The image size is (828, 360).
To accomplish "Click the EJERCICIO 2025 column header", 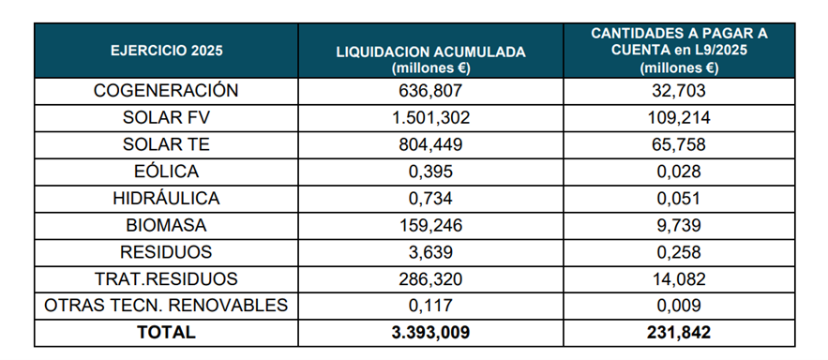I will [167, 50].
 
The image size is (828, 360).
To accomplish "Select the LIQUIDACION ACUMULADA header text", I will [431, 51].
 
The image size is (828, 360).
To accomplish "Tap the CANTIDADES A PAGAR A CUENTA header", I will [678, 50].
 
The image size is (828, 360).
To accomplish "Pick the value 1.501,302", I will [431, 118].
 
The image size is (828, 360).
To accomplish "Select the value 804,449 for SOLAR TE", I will [431, 145].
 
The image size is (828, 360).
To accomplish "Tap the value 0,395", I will [431, 172].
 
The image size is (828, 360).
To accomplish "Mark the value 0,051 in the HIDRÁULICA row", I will [678, 199].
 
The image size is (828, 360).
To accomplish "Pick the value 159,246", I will [431, 226].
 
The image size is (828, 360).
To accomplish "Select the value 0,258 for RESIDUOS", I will [678, 252].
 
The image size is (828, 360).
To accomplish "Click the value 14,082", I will [678, 279].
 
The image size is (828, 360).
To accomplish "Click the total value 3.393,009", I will [431, 332].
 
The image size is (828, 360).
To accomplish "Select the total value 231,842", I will [678, 332].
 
